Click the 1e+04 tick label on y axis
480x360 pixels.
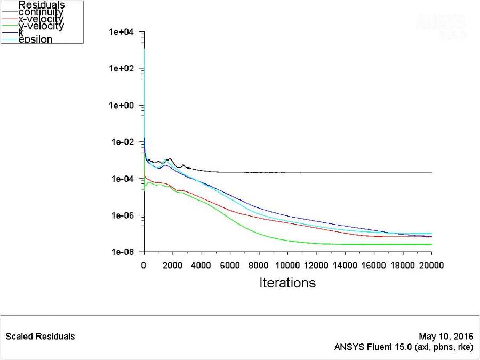click(122, 32)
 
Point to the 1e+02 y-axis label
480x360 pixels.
click(122, 69)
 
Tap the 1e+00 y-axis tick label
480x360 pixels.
click(122, 105)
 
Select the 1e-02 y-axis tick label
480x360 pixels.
click(122, 142)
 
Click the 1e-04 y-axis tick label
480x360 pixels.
click(122, 179)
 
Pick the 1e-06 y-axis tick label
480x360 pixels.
click(122, 215)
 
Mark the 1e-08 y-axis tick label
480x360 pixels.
click(122, 252)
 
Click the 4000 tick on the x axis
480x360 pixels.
click(201, 265)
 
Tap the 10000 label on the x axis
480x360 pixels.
click(287, 265)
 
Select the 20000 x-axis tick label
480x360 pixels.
click(431, 265)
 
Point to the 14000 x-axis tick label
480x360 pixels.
click(345, 265)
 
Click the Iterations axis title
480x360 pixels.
click(287, 283)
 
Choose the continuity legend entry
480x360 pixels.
click(41, 12)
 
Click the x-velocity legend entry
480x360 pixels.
click(41, 19)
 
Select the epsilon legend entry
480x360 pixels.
click(35, 39)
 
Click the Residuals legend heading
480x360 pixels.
click(42, 5)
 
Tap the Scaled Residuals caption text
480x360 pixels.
click(40, 337)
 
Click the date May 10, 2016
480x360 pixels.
click(446, 337)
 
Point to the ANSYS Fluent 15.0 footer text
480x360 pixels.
click(403, 347)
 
